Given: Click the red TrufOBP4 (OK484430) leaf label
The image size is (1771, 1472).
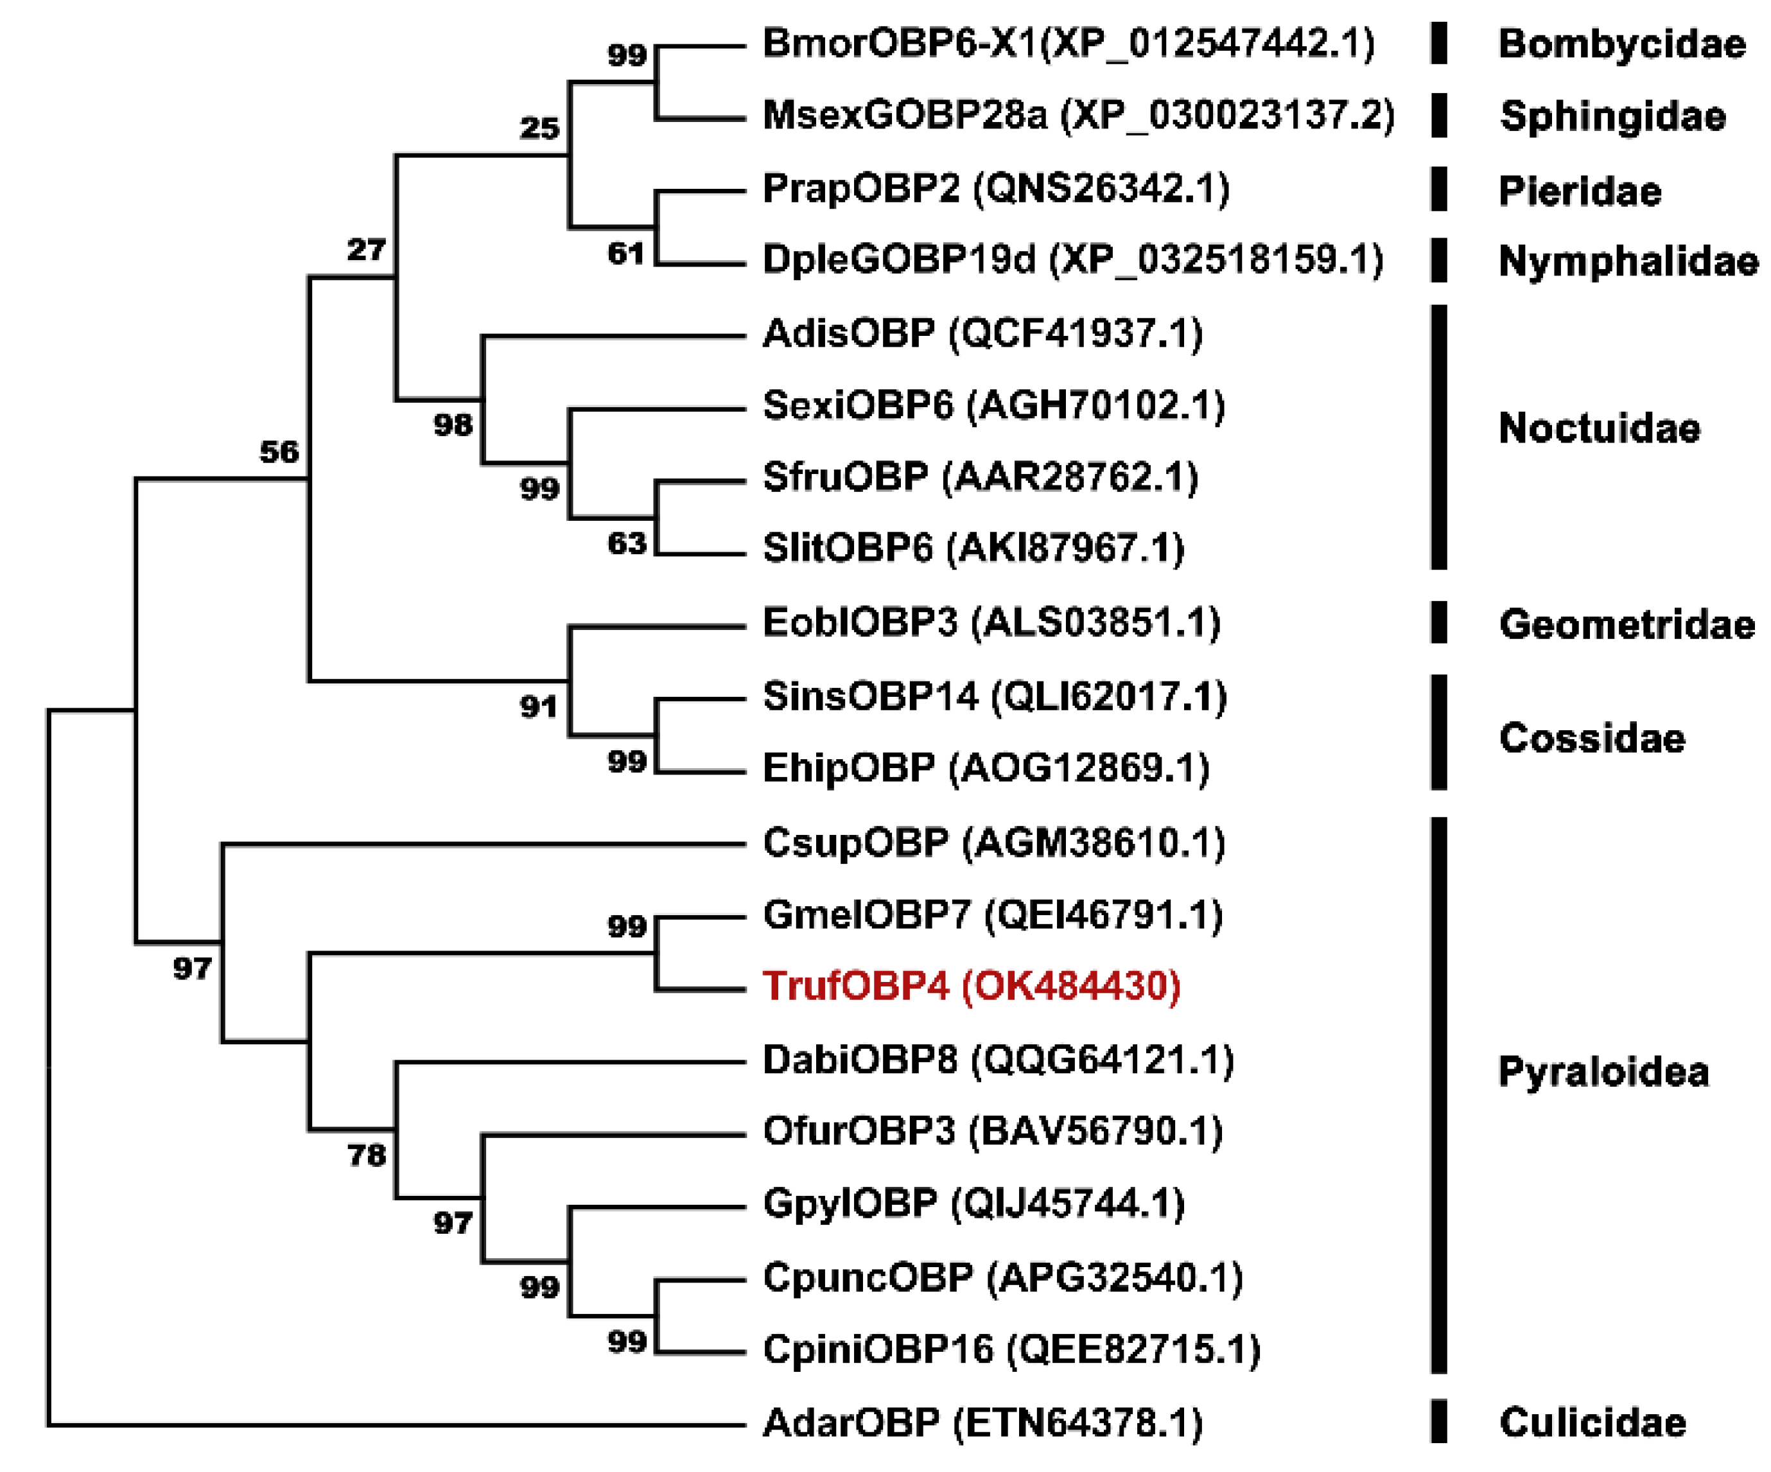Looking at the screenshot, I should click(x=971, y=986).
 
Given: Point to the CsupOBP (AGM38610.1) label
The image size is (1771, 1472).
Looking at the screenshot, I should click(x=993, y=843).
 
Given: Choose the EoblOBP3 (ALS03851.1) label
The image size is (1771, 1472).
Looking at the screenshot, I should click(x=991, y=624).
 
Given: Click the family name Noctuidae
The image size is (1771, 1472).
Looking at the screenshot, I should click(x=1599, y=428).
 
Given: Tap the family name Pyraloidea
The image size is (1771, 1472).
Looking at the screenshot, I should click(x=1603, y=1072).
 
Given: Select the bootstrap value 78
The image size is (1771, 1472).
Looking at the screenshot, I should click(x=367, y=1155).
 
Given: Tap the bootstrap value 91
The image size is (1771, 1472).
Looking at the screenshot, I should click(x=539, y=707).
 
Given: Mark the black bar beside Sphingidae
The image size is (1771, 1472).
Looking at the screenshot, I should click(x=1439, y=116).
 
